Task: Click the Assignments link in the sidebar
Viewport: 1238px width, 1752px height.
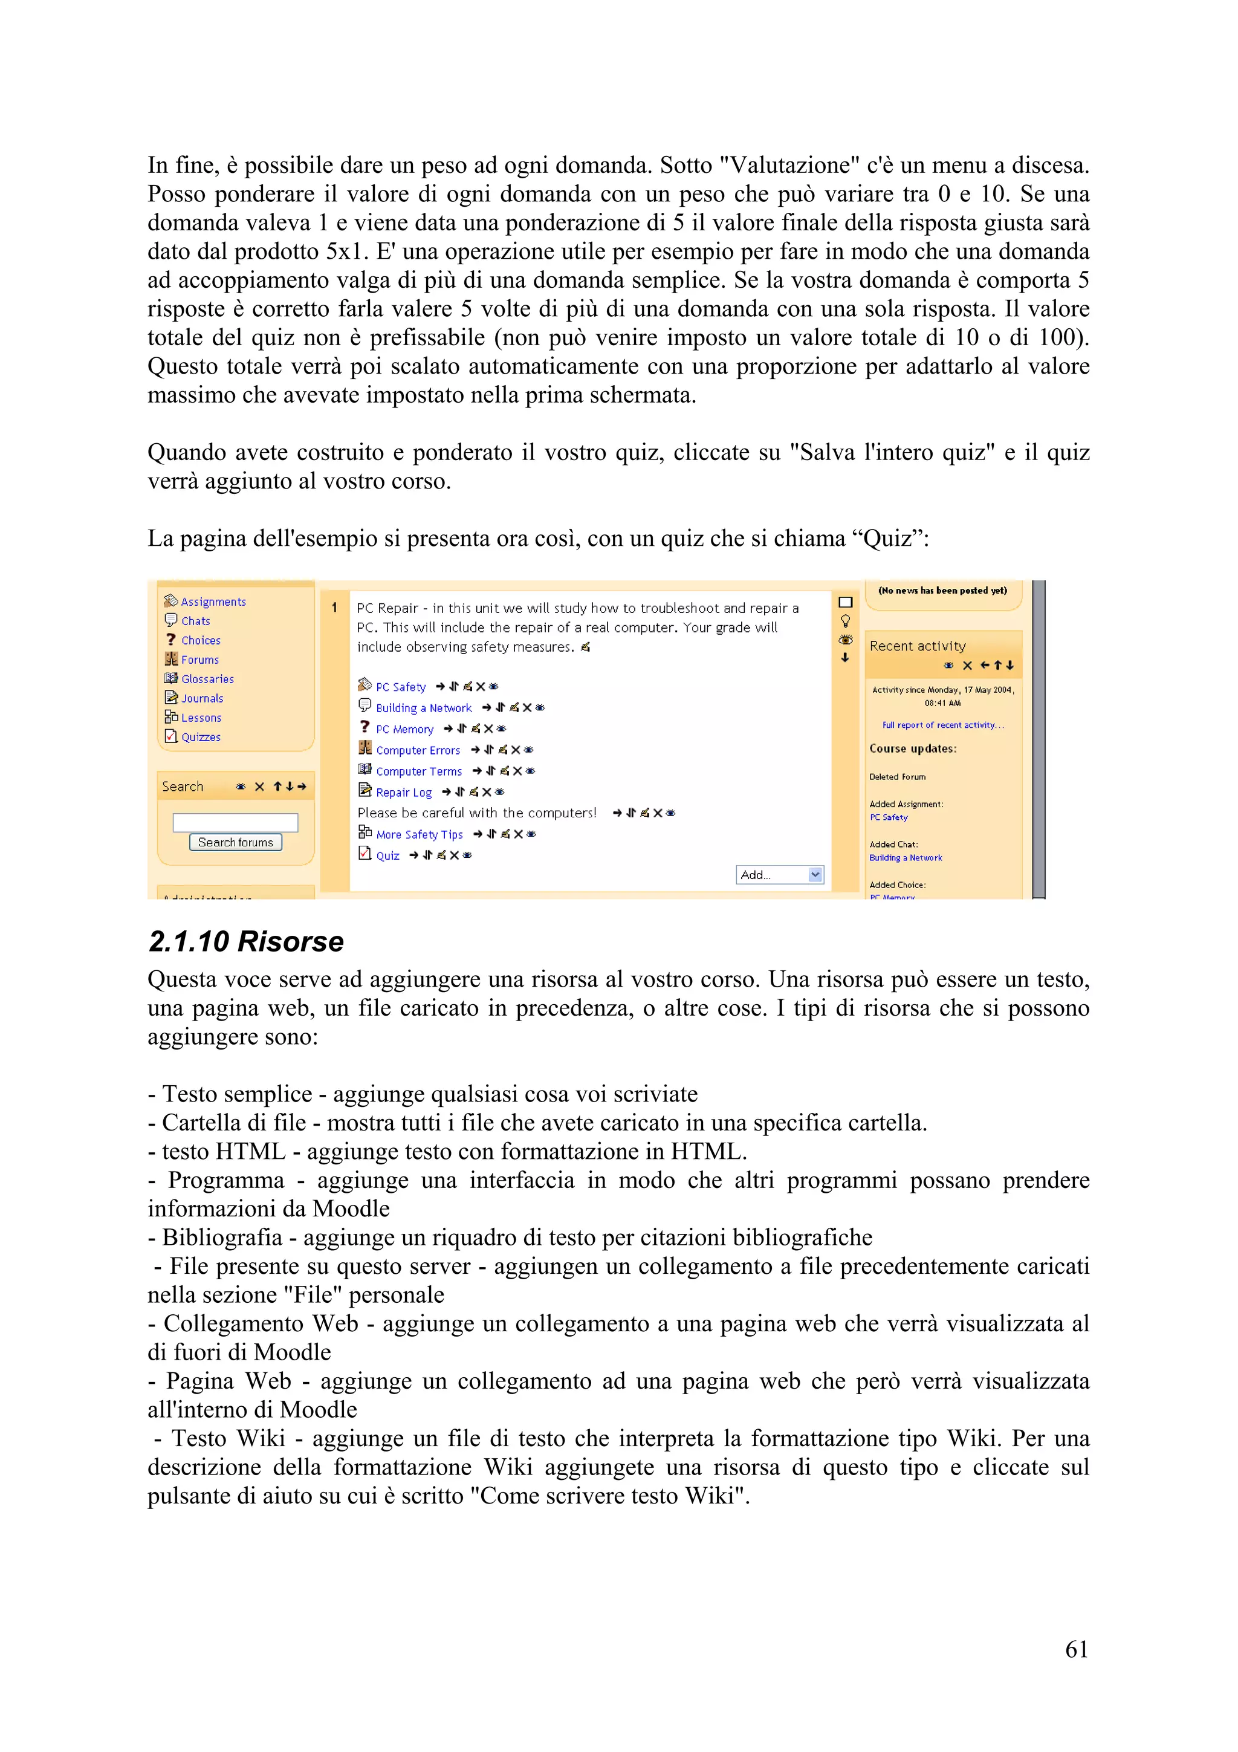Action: click(213, 602)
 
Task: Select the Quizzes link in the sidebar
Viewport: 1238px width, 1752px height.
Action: click(201, 736)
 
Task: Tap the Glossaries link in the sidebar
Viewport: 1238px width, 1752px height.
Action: click(207, 678)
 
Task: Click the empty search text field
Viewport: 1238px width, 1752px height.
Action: click(235, 822)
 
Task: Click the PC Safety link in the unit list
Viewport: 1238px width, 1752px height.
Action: click(400, 687)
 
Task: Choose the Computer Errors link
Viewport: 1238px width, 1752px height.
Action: click(418, 750)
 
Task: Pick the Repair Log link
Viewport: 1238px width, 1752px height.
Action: click(404, 792)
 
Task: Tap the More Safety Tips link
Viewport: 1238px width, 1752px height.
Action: click(419, 834)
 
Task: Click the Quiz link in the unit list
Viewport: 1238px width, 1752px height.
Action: click(387, 855)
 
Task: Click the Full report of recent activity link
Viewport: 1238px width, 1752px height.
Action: click(943, 725)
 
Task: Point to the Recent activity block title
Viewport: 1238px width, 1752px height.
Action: click(917, 646)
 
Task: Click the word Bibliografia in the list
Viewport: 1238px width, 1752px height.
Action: click(222, 1237)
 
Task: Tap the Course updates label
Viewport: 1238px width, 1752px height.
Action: click(912, 748)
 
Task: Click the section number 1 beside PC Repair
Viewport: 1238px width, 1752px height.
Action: click(334, 608)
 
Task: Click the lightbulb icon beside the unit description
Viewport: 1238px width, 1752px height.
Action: click(845, 620)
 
